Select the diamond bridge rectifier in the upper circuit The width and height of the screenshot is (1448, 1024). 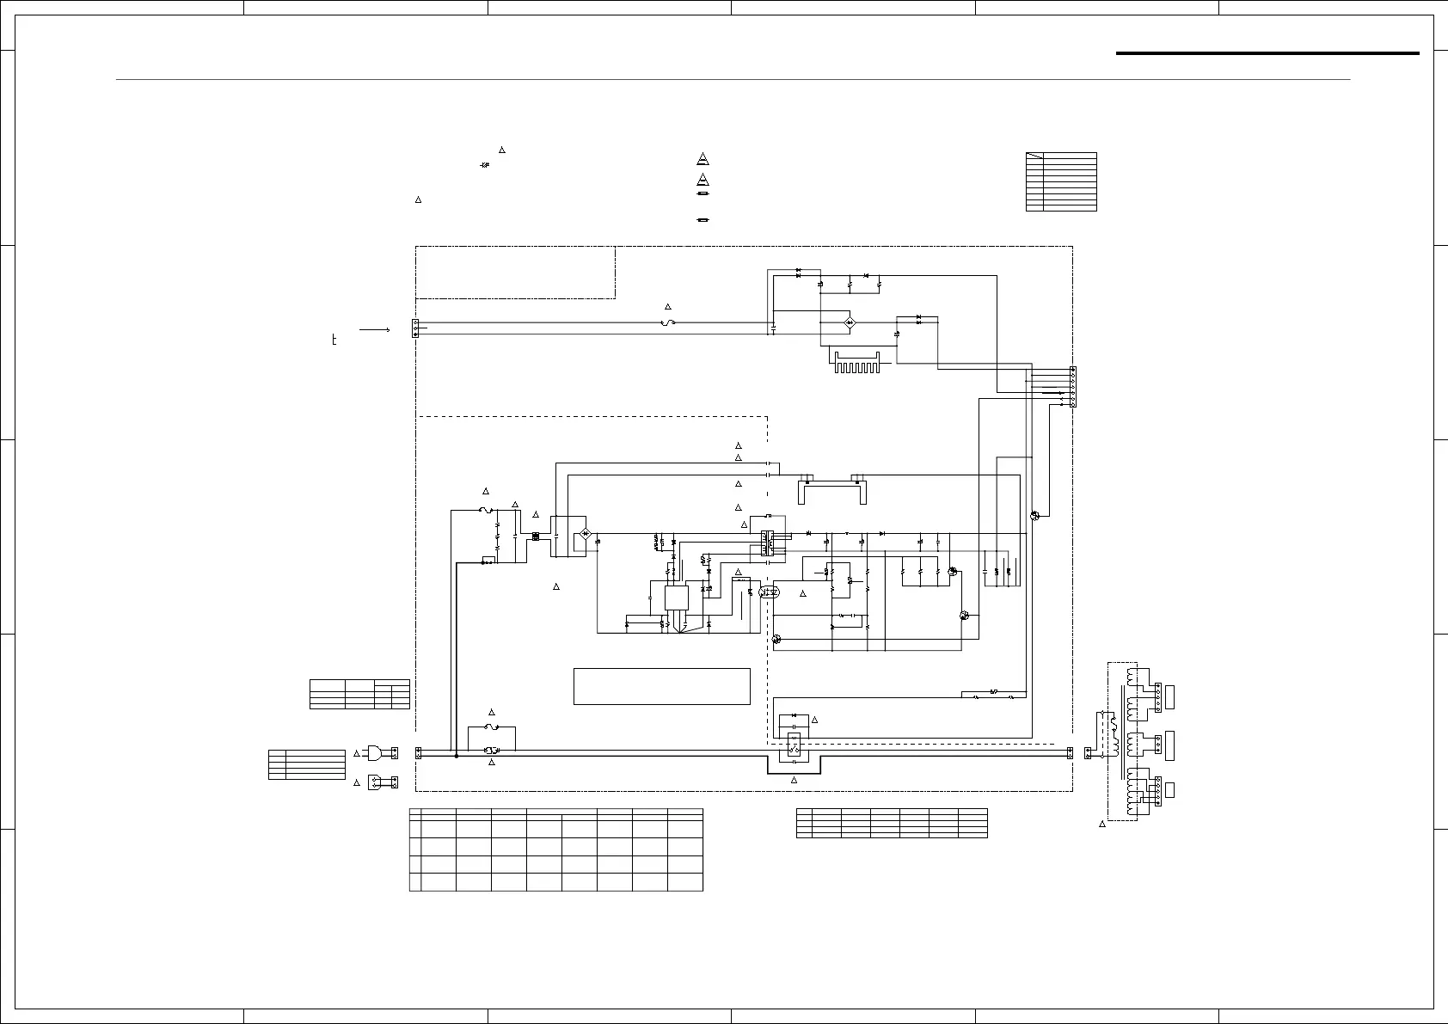pyautogui.click(x=849, y=322)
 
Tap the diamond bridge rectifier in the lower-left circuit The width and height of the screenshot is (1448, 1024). pyautogui.click(x=586, y=534)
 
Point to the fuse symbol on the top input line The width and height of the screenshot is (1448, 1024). pyautogui.click(x=666, y=322)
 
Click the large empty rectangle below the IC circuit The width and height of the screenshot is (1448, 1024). pyautogui.click(x=661, y=686)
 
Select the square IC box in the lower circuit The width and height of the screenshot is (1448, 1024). pyautogui.click(x=677, y=599)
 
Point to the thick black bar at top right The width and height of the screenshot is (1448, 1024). pyautogui.click(x=1267, y=53)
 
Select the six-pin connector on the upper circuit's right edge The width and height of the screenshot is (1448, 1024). pyautogui.click(x=1072, y=386)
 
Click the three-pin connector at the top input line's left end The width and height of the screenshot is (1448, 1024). pyautogui.click(x=415, y=328)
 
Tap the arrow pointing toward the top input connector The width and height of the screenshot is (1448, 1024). pyautogui.click(x=375, y=329)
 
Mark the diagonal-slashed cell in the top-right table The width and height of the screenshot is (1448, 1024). pyautogui.click(x=1034, y=156)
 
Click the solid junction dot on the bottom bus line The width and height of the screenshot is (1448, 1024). pyautogui.click(x=456, y=756)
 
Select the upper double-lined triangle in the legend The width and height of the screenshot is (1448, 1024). pyautogui.click(x=703, y=159)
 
